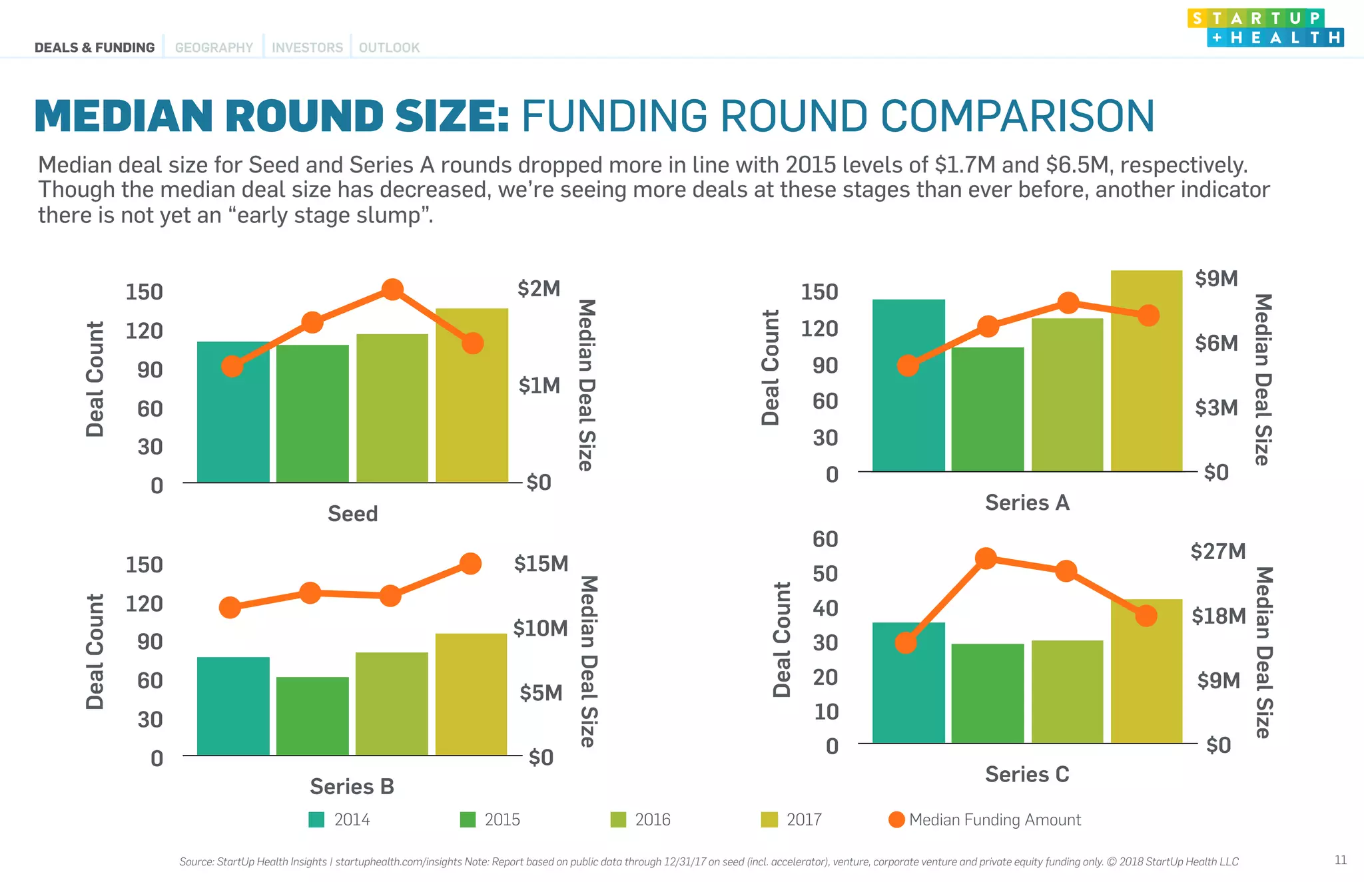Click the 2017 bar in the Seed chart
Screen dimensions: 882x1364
[472, 413]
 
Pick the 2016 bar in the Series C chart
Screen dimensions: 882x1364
[1067, 692]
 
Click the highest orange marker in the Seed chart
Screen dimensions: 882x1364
[392, 290]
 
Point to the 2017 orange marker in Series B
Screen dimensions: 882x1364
[470, 564]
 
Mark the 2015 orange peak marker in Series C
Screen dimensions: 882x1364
[986, 558]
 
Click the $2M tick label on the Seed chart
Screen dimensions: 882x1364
[539, 289]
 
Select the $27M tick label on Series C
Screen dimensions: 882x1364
[1217, 551]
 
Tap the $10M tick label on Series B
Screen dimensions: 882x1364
[540, 628]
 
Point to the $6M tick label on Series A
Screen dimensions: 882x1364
[1216, 343]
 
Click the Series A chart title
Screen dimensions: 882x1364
[1027, 503]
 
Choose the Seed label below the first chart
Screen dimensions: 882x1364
[352, 514]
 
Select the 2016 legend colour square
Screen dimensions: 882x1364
[618, 819]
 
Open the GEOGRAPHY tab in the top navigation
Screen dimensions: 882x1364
[214, 48]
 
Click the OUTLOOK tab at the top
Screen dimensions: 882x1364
[389, 48]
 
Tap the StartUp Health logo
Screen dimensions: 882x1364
[1265, 28]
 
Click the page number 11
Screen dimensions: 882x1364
[1341, 860]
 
